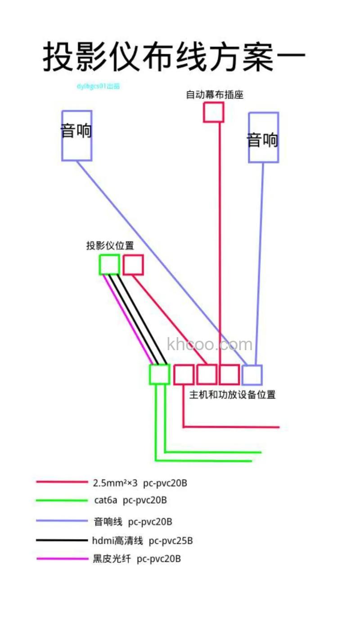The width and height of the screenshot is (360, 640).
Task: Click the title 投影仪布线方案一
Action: pos(175,57)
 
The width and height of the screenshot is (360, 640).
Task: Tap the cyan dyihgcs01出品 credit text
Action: pos(98,86)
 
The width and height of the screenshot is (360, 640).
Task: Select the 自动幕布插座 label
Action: pos(215,95)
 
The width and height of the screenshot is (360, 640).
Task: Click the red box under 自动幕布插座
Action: pos(213,112)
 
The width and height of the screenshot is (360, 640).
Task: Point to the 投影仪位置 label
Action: pos(110,246)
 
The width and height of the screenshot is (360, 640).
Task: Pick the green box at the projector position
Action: pos(109,265)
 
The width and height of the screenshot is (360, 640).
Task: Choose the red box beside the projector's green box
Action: pos(133,265)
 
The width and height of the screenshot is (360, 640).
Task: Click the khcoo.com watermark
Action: pos(210,345)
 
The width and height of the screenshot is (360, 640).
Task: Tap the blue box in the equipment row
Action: pos(252,374)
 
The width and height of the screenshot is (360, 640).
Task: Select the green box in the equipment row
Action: pos(159,374)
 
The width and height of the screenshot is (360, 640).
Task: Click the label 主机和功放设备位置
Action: pos(232,395)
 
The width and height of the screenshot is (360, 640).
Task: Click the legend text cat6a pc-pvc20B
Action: pos(130,500)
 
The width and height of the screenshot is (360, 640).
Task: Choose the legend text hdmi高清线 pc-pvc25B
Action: pos(142,541)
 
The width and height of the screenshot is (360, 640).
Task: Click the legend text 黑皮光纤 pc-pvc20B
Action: pos(137,559)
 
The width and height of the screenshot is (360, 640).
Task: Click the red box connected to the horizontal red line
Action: pos(184,374)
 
